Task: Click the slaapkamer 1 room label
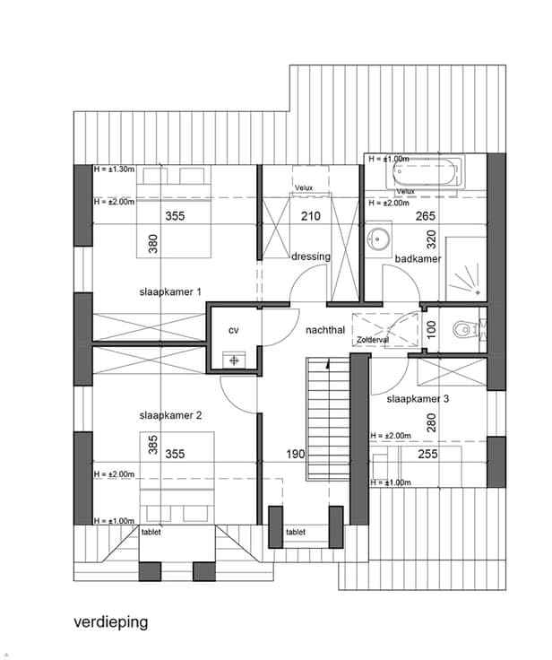click(x=170, y=291)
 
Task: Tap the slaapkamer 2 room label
click(x=170, y=415)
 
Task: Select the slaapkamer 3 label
click(x=418, y=399)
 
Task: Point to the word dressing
click(x=311, y=256)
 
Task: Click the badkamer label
click(x=418, y=259)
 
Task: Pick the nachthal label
click(x=325, y=330)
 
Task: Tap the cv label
click(x=234, y=330)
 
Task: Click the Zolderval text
click(x=373, y=339)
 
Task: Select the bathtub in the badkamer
click(x=425, y=172)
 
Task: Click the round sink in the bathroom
click(x=378, y=239)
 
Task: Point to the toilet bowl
click(x=462, y=329)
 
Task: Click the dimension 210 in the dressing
click(x=310, y=216)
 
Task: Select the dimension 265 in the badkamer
click(x=426, y=216)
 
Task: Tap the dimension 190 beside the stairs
click(x=296, y=454)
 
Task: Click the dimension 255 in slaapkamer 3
click(x=427, y=454)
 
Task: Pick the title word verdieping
click(x=111, y=622)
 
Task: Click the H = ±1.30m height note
click(x=114, y=169)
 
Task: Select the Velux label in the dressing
click(x=304, y=187)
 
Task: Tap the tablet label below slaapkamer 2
click(x=151, y=532)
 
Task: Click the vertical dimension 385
click(x=153, y=445)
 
